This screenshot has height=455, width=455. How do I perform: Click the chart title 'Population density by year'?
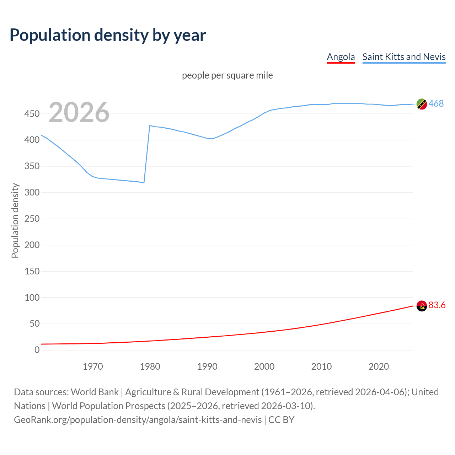pyautogui.click(x=108, y=35)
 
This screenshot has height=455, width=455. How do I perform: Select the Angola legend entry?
pyautogui.click(x=341, y=57)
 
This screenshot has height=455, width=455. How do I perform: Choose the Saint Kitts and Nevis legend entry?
pyautogui.click(x=404, y=57)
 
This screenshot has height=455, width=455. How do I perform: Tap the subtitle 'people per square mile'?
pyautogui.click(x=227, y=76)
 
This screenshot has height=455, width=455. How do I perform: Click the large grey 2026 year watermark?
pyautogui.click(x=79, y=112)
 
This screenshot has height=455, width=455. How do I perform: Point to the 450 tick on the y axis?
pyautogui.click(x=32, y=114)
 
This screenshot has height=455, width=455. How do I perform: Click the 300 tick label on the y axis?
pyautogui.click(x=32, y=193)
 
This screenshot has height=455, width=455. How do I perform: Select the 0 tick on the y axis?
pyautogui.click(x=37, y=350)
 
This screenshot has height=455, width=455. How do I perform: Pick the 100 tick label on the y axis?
pyautogui.click(x=32, y=298)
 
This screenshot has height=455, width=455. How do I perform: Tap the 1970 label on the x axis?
pyautogui.click(x=93, y=366)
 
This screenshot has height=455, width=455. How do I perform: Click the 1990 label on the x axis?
pyautogui.click(x=207, y=366)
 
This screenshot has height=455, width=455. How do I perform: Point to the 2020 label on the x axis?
pyautogui.click(x=379, y=366)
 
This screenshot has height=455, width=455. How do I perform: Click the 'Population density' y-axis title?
pyautogui.click(x=15, y=220)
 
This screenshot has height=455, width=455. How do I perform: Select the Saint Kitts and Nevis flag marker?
pyautogui.click(x=422, y=104)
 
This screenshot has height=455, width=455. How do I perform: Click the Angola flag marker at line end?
pyautogui.click(x=422, y=306)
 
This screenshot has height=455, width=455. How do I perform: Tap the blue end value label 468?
pyautogui.click(x=436, y=103)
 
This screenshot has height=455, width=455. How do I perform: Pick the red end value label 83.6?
pyautogui.click(x=437, y=305)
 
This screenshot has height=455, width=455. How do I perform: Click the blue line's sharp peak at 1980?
pyautogui.click(x=150, y=125)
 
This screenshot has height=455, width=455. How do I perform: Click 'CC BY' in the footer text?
pyautogui.click(x=282, y=420)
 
